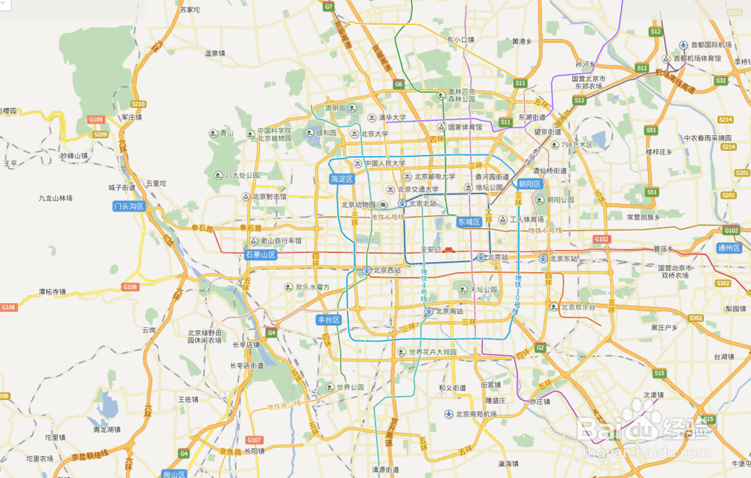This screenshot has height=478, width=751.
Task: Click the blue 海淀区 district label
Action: [x=342, y=180]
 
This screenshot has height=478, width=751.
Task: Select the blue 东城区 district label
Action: [x=468, y=222]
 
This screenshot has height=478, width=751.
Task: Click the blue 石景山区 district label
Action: [x=261, y=255]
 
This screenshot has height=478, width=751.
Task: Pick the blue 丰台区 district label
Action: [x=329, y=320]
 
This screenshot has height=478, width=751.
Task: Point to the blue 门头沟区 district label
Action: [x=128, y=206]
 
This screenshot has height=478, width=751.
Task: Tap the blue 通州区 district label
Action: [x=728, y=248]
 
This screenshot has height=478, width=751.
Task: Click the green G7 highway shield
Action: [x=328, y=7]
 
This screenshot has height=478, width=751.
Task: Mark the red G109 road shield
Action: [x=95, y=119]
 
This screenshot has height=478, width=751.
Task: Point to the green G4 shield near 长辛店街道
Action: [x=271, y=332]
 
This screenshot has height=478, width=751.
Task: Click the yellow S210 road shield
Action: [x=138, y=104]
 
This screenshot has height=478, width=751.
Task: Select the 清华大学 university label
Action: [x=391, y=118]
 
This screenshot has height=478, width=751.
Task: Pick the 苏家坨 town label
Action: [x=190, y=10]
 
